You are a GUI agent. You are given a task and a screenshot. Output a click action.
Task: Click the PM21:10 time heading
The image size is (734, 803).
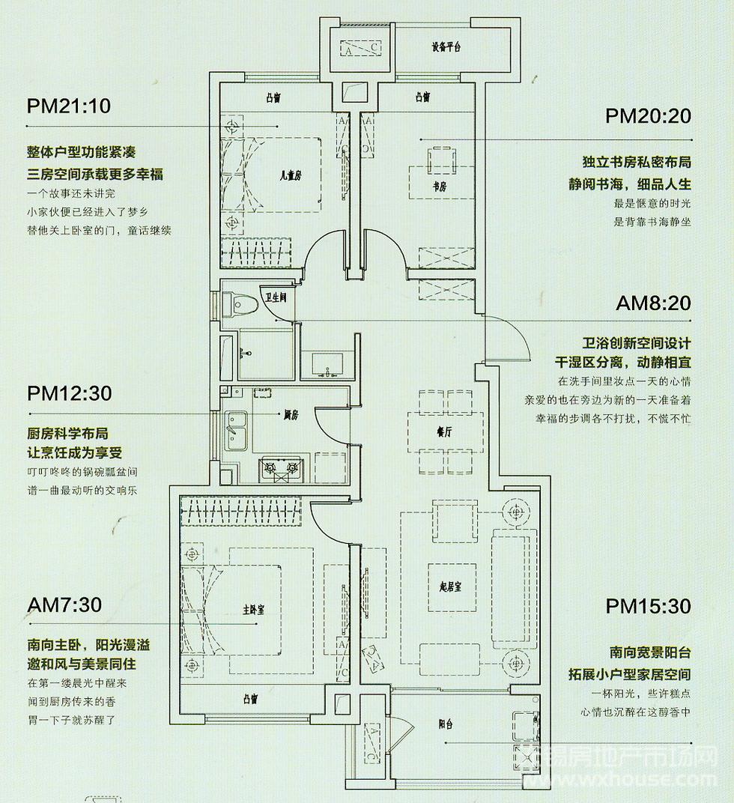[69, 106]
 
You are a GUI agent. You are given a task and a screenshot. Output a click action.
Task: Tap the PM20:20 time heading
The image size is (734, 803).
[648, 116]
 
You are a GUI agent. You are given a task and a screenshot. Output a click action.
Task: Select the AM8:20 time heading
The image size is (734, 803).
[653, 303]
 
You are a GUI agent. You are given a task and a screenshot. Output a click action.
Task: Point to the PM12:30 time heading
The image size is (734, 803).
[69, 393]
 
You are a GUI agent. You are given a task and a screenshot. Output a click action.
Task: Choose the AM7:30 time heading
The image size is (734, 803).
[64, 604]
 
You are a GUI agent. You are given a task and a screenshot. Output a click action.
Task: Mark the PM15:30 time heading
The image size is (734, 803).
[649, 606]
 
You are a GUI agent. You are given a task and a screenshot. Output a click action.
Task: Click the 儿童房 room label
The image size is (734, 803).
[291, 175]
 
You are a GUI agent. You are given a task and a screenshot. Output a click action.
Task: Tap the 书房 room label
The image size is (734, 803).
[439, 187]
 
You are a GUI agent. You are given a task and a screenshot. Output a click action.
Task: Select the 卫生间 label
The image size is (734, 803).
[276, 297]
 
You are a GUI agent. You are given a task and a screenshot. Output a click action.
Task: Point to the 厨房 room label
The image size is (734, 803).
[291, 415]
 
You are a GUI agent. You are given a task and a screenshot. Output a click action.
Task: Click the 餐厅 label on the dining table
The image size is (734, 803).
[444, 432]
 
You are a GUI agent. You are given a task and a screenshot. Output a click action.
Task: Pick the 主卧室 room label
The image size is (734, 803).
[254, 610]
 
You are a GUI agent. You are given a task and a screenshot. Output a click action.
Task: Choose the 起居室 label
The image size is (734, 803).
[451, 587]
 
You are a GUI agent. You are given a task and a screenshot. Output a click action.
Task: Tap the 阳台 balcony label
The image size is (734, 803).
[446, 724]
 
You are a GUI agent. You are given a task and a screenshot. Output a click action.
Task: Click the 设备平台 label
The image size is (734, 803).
[446, 47]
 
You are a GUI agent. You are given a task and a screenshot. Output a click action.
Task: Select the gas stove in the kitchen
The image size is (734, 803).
[279, 469]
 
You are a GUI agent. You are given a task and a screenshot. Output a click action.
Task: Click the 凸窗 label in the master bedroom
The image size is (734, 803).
[250, 699]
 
